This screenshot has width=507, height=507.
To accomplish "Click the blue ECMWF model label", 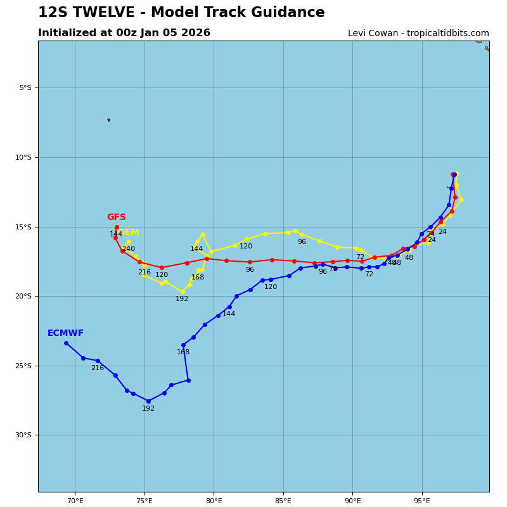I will point(65,333).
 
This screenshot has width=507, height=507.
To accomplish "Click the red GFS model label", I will point(116,217).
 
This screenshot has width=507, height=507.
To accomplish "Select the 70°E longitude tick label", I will point(75,501).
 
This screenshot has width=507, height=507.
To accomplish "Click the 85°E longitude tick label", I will point(283,501).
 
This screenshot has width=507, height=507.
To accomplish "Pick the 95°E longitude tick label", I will point(422,501).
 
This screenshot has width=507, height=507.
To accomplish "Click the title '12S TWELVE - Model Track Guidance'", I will point(181,13).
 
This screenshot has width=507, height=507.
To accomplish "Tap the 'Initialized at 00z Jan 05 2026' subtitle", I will point(124,33).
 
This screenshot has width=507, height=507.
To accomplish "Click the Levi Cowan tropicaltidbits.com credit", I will point(418,34).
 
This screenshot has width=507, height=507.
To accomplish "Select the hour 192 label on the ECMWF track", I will point(148,409).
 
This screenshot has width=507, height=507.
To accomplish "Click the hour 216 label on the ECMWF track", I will point(97,368).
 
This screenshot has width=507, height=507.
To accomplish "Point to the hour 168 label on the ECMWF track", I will point(183,352).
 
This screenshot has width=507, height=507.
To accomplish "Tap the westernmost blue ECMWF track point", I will point(66,343).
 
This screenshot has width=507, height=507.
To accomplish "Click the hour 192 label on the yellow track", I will point(182,299).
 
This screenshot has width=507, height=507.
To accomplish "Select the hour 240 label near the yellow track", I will point(129,249).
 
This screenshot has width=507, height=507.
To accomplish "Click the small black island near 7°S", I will point(108,120).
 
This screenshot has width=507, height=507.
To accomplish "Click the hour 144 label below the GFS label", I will point(116,234).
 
